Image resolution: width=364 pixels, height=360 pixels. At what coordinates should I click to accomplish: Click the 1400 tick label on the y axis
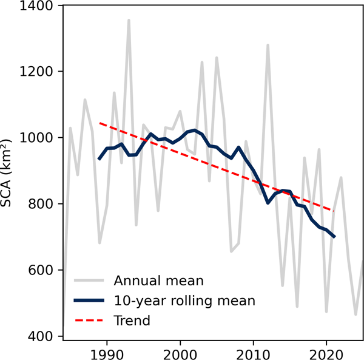click(38, 6)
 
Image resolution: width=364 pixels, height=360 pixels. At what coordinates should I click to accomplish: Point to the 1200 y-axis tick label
click(38, 72)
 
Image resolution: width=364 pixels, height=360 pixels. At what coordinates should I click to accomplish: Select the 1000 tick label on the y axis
click(38, 138)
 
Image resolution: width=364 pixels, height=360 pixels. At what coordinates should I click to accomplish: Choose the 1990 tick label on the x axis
click(107, 352)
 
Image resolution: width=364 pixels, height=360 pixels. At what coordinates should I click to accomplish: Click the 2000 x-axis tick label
click(180, 352)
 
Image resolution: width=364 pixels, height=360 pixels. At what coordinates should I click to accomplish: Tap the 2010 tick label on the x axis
click(254, 352)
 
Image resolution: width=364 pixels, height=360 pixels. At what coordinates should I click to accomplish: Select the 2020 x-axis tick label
click(326, 352)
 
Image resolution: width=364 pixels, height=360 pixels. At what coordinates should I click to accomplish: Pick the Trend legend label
click(131, 319)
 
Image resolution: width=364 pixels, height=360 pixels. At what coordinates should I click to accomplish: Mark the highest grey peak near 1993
click(129, 20)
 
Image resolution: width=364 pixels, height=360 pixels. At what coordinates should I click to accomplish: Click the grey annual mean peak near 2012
click(268, 45)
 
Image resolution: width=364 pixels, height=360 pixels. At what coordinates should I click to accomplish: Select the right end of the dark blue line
click(334, 237)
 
